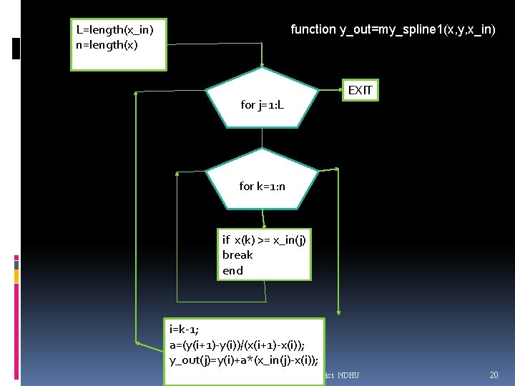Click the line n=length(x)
(x=107, y=44)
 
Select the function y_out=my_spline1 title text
(x=393, y=29)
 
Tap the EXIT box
(x=359, y=90)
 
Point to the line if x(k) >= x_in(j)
(x=264, y=240)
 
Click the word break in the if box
(x=237, y=255)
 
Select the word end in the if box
(x=232, y=271)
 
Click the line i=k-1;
(x=185, y=330)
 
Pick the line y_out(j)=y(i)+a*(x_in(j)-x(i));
(x=243, y=360)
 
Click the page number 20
(x=494, y=375)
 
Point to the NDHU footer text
(x=348, y=375)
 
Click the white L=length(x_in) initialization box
(x=118, y=44)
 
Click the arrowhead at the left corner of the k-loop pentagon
(x=177, y=172)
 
